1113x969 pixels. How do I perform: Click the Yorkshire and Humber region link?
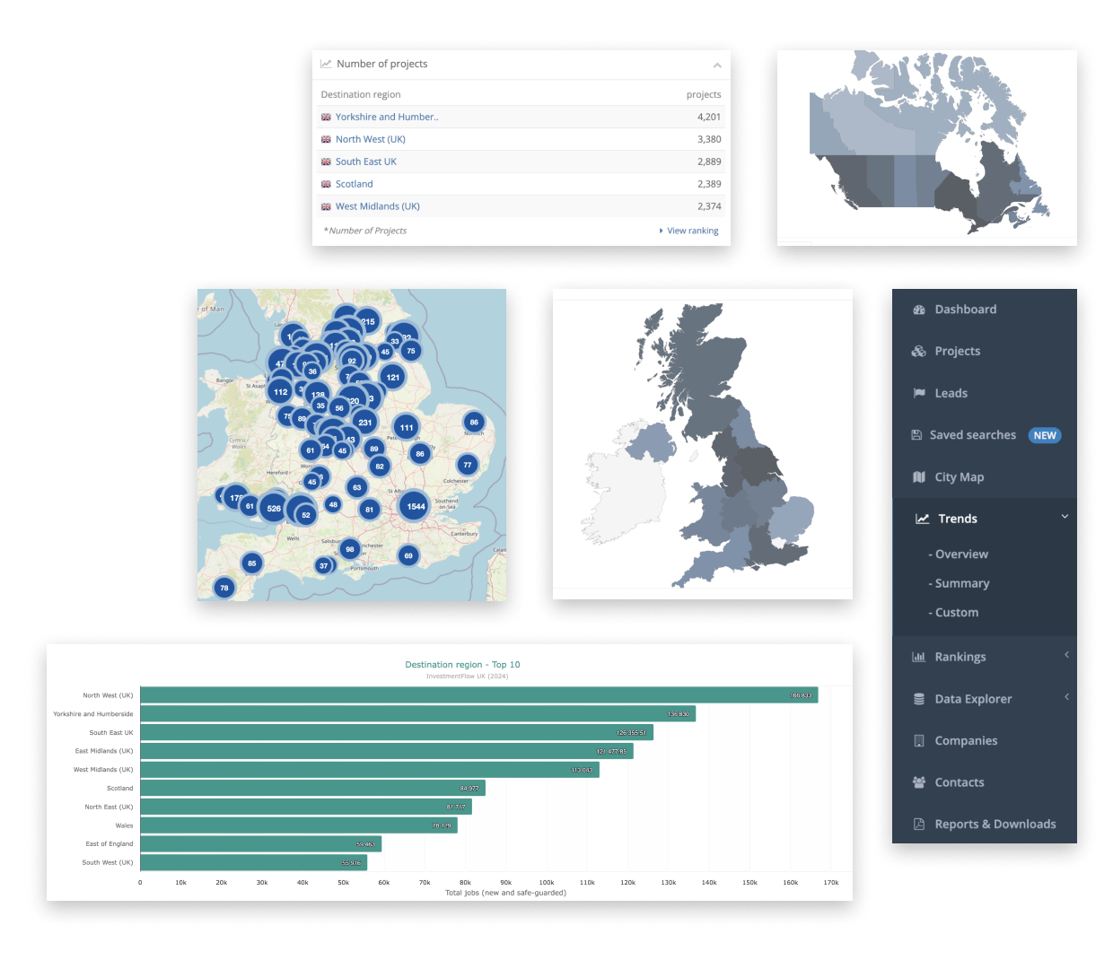(387, 117)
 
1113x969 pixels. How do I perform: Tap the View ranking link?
(692, 231)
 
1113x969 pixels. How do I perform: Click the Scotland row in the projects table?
(354, 184)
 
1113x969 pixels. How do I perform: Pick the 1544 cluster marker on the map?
(415, 507)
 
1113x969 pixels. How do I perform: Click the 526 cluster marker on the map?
(274, 509)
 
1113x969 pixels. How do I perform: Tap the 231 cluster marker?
(364, 422)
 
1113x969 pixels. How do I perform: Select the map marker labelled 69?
(408, 556)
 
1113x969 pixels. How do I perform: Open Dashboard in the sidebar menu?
(965, 310)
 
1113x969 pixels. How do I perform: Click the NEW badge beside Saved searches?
(1045, 435)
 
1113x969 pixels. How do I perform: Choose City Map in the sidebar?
(959, 477)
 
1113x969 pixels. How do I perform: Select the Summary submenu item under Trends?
(962, 583)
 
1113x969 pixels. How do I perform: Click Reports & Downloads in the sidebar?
(995, 825)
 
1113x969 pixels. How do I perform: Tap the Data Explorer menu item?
(973, 699)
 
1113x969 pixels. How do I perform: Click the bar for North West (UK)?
(478, 695)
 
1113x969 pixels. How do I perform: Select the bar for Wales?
(298, 825)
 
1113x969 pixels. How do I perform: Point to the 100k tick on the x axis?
(547, 883)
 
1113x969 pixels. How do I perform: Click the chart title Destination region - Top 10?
(462, 665)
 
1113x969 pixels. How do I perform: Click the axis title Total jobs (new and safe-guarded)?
(505, 893)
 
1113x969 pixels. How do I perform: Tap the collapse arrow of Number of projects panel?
(716, 65)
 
